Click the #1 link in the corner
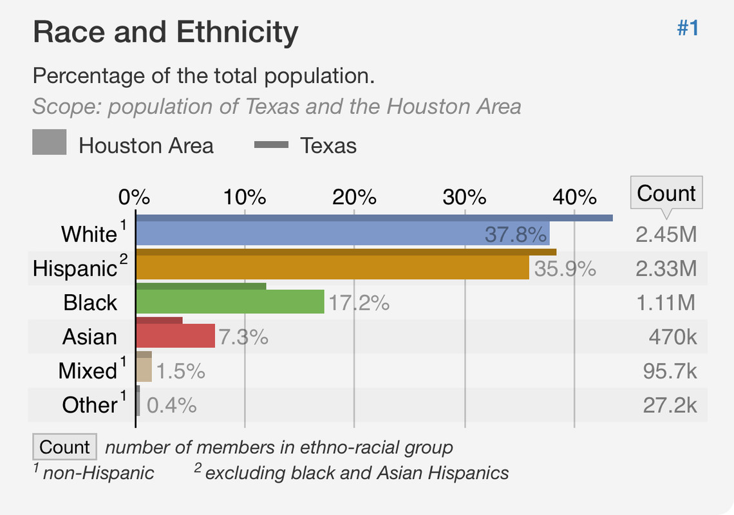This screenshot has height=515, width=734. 688,28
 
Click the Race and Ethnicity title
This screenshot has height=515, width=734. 165,32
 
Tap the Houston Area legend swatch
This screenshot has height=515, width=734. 50,142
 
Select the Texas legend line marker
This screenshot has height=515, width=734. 271,145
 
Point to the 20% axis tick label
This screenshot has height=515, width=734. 354,196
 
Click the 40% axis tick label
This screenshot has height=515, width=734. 574,196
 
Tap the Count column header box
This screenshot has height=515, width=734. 666,193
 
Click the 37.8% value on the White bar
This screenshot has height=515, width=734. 516,234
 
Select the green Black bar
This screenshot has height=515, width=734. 230,302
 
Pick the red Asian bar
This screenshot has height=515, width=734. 175,336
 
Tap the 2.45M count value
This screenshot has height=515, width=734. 666,234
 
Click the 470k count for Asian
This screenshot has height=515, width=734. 673,337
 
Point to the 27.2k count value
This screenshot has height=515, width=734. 670,405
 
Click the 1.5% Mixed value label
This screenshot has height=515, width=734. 181,371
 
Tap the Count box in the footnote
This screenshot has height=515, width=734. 64,447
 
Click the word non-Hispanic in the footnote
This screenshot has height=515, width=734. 99,473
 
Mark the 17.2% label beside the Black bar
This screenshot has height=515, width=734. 359,303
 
